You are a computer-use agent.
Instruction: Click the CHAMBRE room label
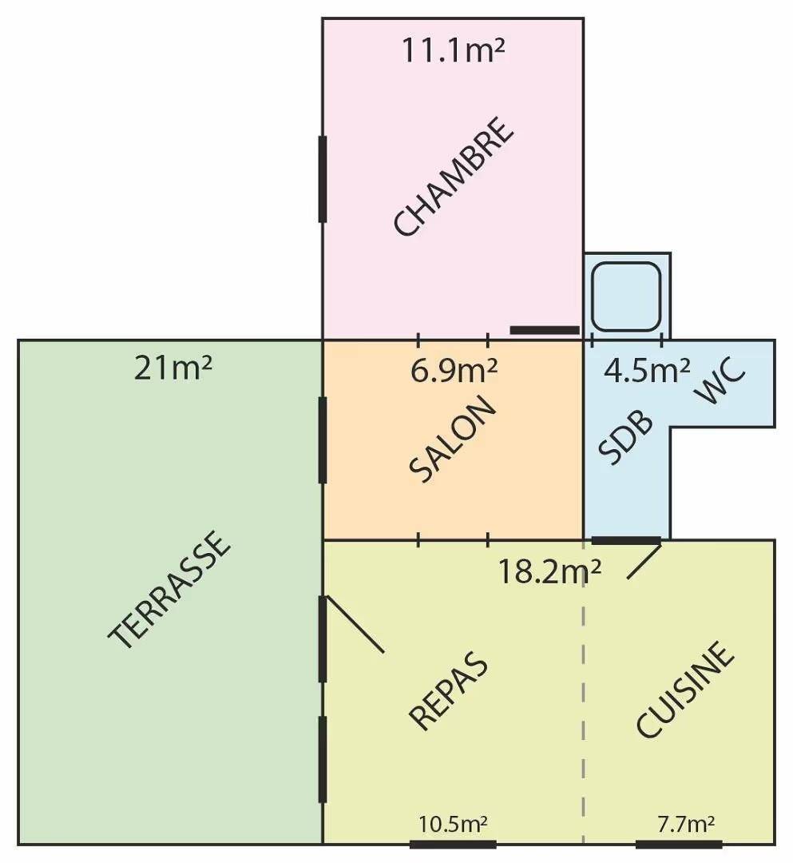[x=454, y=176]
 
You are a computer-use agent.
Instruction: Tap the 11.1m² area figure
[x=453, y=50]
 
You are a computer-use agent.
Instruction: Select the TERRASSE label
[x=169, y=589]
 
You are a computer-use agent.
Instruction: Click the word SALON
[x=453, y=439]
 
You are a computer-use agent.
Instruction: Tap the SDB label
[x=626, y=438]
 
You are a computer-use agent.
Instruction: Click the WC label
[x=720, y=380]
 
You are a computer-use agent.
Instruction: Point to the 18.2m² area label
[x=549, y=572]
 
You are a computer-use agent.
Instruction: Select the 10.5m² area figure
[x=453, y=824]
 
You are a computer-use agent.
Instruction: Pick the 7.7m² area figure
[x=686, y=824]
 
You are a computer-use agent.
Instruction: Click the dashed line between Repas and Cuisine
[x=584, y=691]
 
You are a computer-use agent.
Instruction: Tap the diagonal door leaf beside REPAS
[x=355, y=625]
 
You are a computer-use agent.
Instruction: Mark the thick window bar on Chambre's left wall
[x=323, y=180]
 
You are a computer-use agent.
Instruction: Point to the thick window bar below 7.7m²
[x=679, y=845]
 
